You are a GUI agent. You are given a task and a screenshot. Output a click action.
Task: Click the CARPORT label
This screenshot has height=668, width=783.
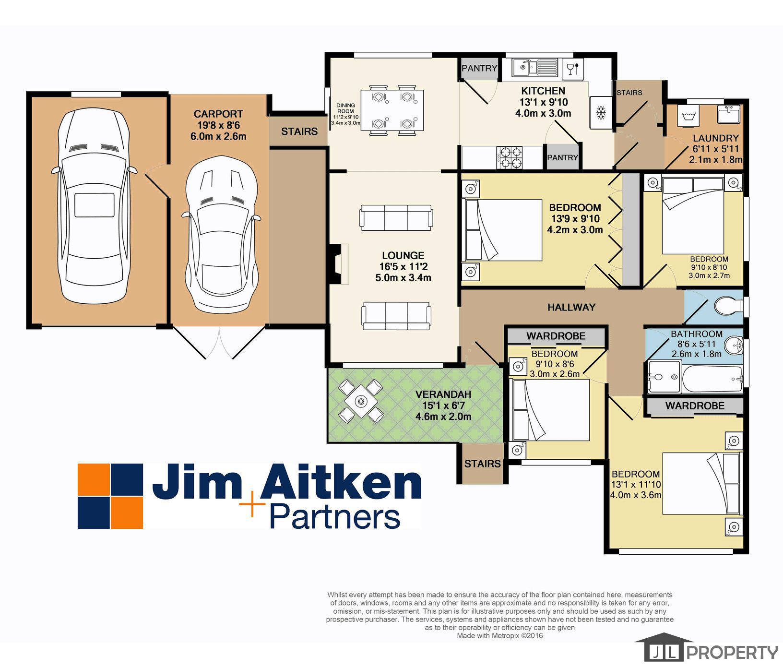218,114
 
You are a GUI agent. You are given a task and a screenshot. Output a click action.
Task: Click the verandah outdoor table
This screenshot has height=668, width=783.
360,401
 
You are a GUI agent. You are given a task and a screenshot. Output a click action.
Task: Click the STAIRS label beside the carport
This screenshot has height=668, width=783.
299,131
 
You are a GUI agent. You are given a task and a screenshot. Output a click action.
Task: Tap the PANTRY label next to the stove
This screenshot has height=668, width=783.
562,157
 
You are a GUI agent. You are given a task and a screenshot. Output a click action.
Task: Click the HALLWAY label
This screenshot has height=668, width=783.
571,307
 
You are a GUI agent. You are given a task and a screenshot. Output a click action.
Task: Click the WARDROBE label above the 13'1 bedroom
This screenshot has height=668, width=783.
694,406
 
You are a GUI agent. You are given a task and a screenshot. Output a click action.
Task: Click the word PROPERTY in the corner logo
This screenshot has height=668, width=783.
732,652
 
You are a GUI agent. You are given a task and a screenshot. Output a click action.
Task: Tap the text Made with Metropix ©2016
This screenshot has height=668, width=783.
499,635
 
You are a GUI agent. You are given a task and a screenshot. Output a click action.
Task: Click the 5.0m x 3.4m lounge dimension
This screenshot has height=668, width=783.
403,277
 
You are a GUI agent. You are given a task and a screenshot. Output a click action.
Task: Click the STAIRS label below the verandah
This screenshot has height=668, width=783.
482,464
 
